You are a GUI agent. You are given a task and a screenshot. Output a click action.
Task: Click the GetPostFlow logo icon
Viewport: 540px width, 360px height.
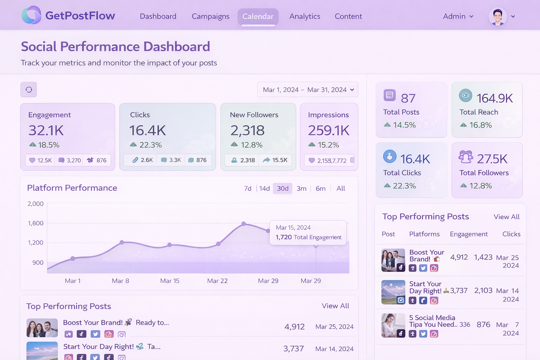[31, 15]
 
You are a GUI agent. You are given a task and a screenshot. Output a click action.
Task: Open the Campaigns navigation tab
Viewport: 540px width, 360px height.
[210, 17]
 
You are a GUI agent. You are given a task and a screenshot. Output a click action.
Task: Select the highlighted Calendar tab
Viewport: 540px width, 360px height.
[258, 17]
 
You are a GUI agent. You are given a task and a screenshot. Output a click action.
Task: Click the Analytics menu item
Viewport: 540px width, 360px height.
[304, 17]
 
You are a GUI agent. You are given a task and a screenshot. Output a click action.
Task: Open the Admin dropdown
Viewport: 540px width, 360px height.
[458, 17]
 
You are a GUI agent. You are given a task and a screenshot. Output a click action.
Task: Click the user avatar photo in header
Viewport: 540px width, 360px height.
[497, 17]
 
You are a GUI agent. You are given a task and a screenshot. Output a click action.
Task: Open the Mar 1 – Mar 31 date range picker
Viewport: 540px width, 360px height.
[308, 90]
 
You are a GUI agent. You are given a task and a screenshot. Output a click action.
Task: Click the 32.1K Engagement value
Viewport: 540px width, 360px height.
[46, 130]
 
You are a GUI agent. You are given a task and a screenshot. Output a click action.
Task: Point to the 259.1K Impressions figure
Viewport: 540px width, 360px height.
[328, 130]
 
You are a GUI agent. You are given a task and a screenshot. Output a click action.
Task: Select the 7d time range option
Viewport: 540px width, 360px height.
[247, 188]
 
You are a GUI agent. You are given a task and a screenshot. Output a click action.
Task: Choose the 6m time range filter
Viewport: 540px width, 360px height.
[320, 188]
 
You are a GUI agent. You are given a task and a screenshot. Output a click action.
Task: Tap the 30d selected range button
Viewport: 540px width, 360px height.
[282, 188]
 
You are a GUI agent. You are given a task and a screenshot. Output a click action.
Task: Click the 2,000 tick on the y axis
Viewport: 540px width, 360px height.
[36, 204]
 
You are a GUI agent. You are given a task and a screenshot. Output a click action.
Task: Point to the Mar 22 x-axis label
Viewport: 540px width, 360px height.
[217, 281]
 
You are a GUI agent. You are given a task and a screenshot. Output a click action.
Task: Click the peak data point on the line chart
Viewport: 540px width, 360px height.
[244, 224]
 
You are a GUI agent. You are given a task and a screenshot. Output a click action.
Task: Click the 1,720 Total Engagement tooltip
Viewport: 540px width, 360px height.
[308, 232]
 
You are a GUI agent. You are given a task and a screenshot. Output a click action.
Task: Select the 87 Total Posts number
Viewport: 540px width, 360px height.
[408, 98]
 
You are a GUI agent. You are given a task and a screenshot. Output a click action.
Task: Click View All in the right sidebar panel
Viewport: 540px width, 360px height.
[506, 217]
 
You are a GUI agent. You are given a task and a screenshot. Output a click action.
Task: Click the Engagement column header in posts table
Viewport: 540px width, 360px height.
[469, 234]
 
